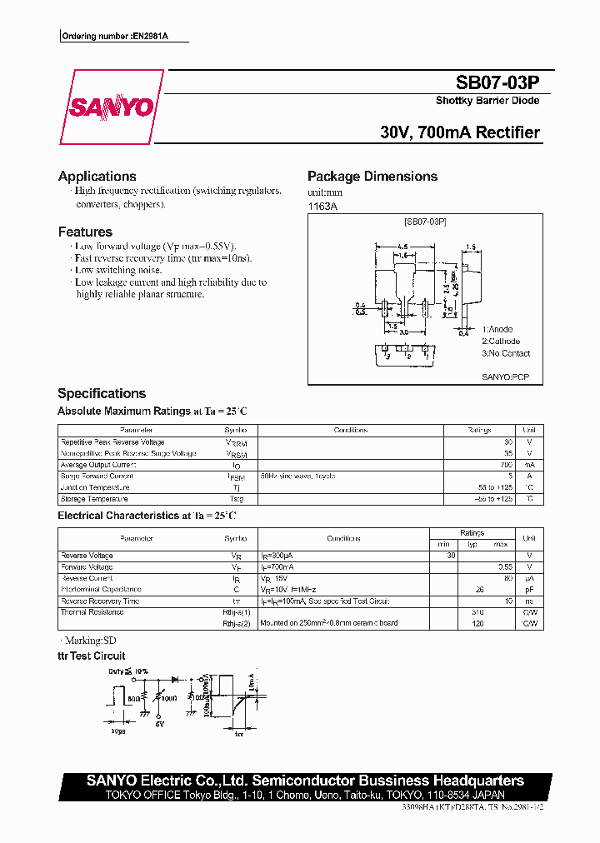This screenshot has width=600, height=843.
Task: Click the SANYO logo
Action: pos(110,107)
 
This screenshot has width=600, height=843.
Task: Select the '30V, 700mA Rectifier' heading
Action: pos(459,132)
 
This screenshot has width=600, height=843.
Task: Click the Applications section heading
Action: pos(97,177)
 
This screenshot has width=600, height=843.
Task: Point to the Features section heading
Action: pos(85,232)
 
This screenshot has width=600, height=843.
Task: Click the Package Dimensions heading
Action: pos(372,177)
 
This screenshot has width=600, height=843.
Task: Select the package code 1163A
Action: pos(322,206)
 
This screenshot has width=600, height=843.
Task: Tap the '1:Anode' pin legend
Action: pos(497,330)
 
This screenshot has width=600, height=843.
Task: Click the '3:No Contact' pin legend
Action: pos(506,353)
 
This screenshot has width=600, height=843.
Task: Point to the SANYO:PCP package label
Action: pos(505,377)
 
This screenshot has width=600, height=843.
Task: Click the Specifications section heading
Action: pos(102,393)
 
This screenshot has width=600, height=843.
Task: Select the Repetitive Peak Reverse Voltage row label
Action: pos(112,442)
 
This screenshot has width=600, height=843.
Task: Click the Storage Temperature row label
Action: pos(94,499)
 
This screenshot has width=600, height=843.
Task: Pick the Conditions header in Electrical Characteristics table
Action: pos(343,539)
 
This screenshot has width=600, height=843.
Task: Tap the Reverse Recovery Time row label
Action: pos(100,601)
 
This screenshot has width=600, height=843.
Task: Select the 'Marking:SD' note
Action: pos(90,641)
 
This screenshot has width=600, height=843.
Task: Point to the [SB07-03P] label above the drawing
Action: pos(425,222)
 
